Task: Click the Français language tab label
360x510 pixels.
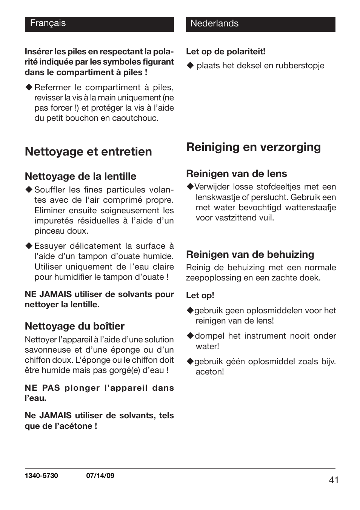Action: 48,23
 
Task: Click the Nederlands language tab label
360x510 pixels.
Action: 214,23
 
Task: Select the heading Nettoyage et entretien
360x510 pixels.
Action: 88,152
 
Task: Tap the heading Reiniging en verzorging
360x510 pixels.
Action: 253,147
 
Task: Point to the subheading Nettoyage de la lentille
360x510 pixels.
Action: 80,176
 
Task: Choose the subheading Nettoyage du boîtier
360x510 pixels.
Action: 74,326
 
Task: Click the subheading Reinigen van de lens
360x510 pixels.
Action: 236,174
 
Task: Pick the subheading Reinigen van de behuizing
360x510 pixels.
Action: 250,254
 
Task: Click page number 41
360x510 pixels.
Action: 334,480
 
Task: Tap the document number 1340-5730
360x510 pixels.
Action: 41,476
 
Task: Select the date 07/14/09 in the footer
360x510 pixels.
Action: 100,476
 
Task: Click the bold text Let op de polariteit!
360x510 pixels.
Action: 225,52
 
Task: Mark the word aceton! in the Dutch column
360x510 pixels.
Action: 210,372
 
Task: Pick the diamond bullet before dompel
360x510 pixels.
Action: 190,336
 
